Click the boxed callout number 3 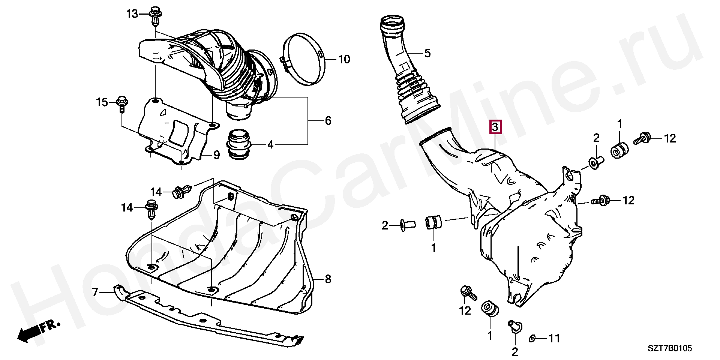[x=495, y=127]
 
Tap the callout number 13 [x=132, y=14]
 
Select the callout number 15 [x=102, y=102]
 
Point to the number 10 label [x=344, y=59]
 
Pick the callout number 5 [x=427, y=53]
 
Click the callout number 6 [x=328, y=121]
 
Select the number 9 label [x=216, y=155]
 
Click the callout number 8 [x=328, y=279]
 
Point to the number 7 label [x=95, y=292]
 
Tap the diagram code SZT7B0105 [x=670, y=349]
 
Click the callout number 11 [x=554, y=339]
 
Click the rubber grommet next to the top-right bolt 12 [x=620, y=150]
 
